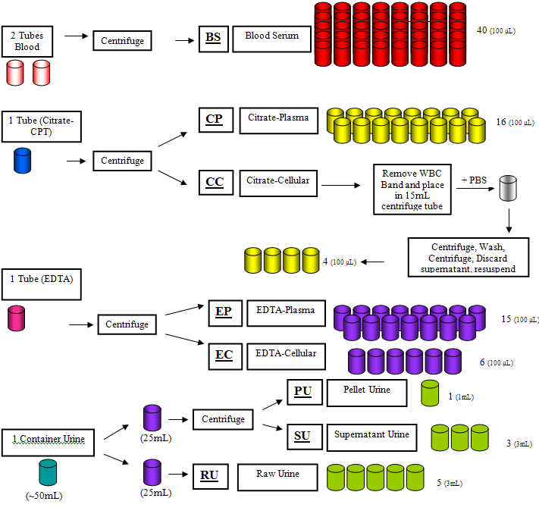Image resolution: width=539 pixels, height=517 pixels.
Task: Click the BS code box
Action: (214, 39)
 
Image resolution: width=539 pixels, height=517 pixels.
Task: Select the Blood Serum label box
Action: (271, 39)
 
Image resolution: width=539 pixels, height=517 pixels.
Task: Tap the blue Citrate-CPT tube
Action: (22, 161)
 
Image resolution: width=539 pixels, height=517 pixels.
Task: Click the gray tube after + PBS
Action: (508, 188)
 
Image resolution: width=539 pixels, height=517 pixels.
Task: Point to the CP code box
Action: (216, 120)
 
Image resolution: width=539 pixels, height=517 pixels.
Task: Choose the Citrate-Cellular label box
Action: (278, 183)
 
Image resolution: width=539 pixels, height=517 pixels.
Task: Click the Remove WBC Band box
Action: (412, 190)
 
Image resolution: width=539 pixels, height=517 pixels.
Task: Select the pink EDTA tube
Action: (16, 318)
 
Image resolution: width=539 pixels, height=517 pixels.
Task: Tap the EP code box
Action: (225, 313)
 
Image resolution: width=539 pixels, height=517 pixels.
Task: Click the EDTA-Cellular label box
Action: (286, 356)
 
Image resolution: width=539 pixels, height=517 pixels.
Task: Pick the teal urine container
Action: (48, 472)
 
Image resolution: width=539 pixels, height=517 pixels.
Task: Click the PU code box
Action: (305, 393)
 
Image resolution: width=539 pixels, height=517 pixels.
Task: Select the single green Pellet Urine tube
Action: (430, 393)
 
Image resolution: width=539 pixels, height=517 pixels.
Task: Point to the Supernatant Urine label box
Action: (371, 437)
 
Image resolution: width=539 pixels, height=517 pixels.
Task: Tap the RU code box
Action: (211, 476)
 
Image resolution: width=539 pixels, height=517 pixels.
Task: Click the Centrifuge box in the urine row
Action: (223, 419)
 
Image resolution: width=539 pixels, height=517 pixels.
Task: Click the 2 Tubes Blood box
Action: (27, 42)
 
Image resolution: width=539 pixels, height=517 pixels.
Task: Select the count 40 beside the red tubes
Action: (482, 30)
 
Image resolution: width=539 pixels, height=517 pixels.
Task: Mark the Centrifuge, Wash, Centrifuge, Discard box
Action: (468, 257)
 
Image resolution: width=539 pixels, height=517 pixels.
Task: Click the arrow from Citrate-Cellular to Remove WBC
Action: (340, 186)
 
